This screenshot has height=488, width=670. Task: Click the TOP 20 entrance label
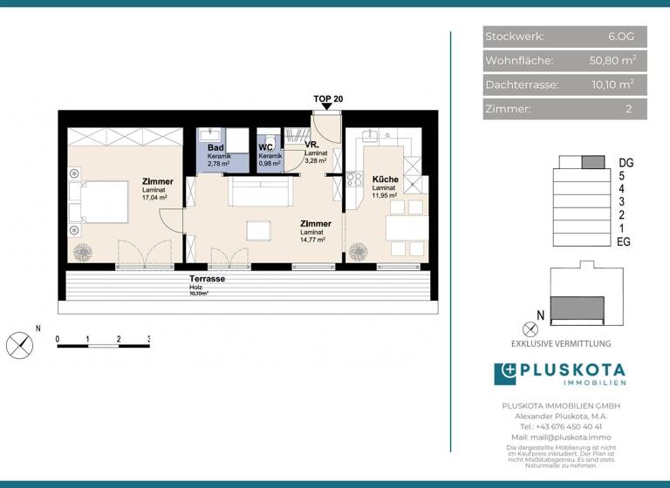click(328, 98)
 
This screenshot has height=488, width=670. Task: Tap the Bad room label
click(215, 147)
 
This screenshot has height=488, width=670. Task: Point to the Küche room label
click(385, 179)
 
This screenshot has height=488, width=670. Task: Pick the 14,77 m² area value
click(312, 240)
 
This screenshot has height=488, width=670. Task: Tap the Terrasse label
click(208, 278)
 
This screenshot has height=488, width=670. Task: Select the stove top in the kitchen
click(355, 180)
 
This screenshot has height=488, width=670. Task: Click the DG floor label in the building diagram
click(625, 162)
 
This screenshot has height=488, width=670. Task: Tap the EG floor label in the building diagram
click(624, 241)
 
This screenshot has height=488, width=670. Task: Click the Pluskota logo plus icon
click(505, 373)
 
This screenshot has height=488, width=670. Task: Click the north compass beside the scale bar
click(19, 345)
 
